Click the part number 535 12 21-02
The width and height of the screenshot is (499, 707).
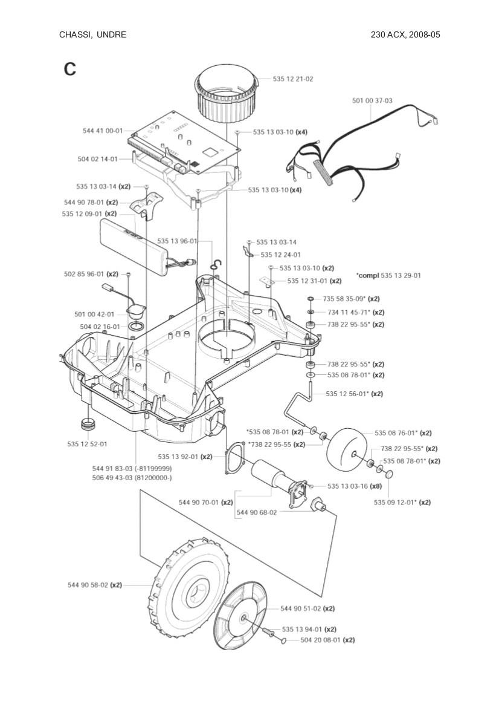pyautogui.click(x=293, y=79)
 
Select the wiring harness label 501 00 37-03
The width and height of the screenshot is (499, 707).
pyautogui.click(x=372, y=100)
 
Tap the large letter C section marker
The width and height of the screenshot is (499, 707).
pyautogui.click(x=70, y=69)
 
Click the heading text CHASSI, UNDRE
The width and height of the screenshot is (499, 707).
pyautogui.click(x=92, y=34)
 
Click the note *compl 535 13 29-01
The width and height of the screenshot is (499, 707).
pyautogui.click(x=388, y=275)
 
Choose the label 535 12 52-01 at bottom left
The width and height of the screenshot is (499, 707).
pyautogui.click(x=87, y=444)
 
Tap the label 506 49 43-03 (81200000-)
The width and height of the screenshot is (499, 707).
pyautogui.click(x=132, y=477)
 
